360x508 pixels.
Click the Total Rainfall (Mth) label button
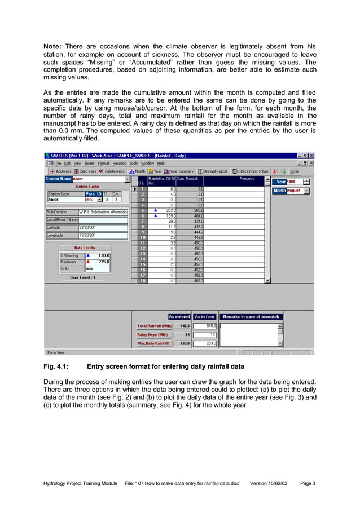(154, 326)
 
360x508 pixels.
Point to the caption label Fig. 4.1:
(56, 366)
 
